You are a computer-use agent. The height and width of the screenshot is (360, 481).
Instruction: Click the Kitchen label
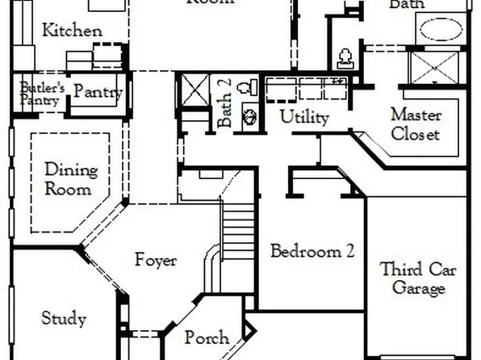[x=73, y=31]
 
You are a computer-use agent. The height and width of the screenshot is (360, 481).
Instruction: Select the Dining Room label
[x=71, y=179]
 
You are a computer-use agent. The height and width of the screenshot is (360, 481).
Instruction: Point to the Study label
[x=64, y=318]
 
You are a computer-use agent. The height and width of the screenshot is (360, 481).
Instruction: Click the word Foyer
[x=156, y=261]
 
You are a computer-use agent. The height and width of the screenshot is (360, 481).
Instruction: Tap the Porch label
[x=207, y=337]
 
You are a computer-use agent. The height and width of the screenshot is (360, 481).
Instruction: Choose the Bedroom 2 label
[x=312, y=250]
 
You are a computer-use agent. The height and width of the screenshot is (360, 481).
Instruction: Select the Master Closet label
[x=416, y=124]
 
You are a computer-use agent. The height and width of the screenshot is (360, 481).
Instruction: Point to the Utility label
[x=304, y=117]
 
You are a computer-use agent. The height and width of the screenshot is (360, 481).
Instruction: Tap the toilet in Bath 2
[x=250, y=86]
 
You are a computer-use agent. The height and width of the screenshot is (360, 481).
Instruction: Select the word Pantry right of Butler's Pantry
[x=98, y=92]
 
